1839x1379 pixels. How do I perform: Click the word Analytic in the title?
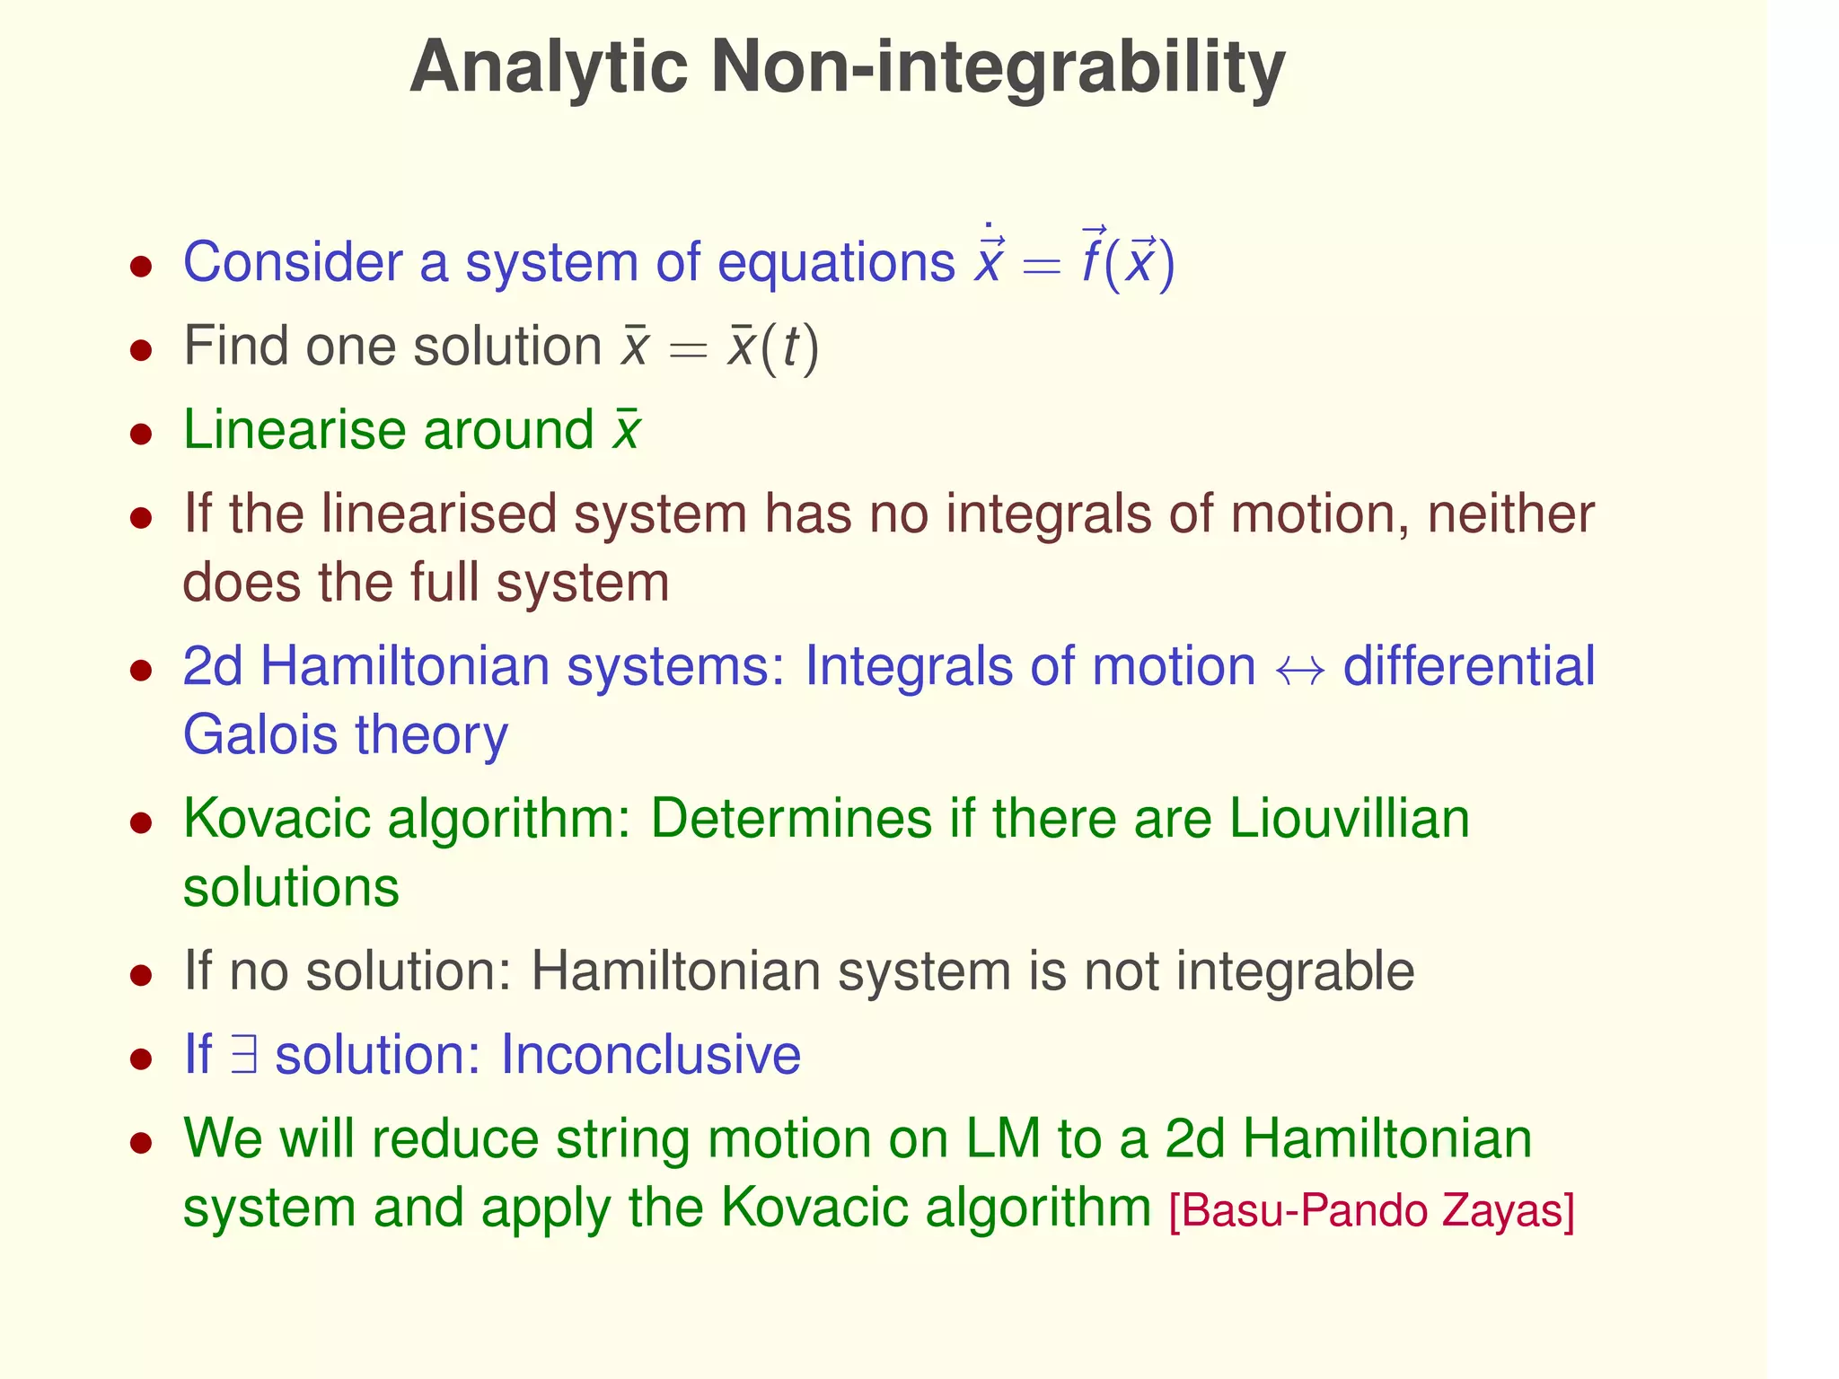[x=549, y=68]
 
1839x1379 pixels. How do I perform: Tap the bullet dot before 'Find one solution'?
[x=140, y=349]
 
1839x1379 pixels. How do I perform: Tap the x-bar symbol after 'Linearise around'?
[x=626, y=431]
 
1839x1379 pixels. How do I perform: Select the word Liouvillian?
[x=1348, y=819]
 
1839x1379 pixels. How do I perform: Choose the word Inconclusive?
[x=649, y=1055]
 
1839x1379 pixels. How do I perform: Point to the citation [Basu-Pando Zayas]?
[x=1371, y=1210]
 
